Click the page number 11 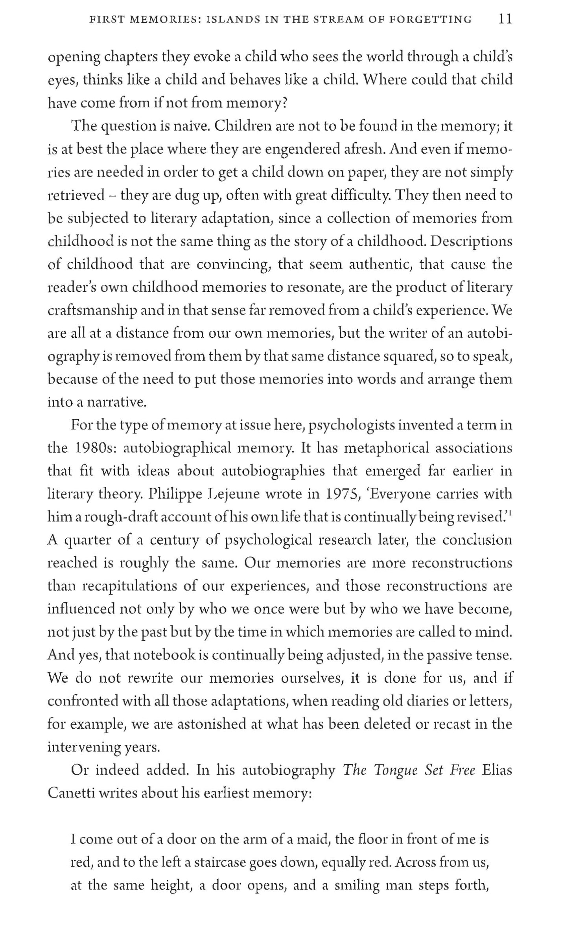[505, 19]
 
